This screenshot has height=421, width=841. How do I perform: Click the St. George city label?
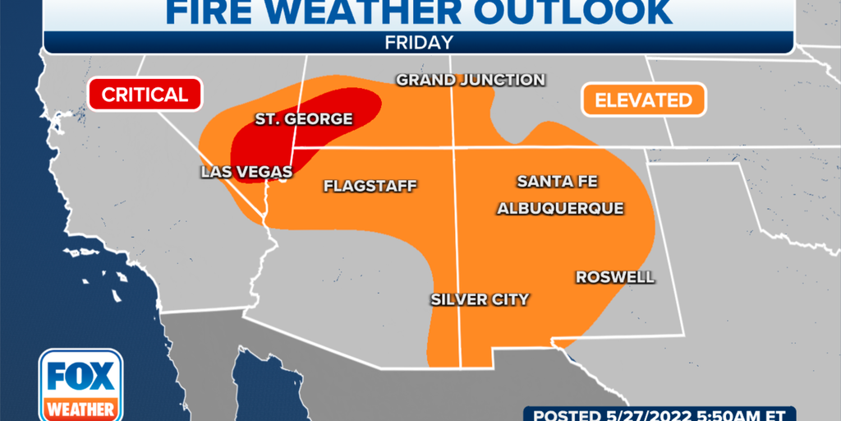point(303,119)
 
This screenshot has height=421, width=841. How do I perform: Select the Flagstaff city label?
point(370,186)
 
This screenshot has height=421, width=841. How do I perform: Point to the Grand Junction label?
point(471,80)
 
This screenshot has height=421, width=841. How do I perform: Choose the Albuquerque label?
point(560,209)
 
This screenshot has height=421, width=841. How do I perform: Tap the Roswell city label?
point(615,277)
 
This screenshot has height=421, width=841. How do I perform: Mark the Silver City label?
point(480,299)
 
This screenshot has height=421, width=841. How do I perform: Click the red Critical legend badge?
point(145,94)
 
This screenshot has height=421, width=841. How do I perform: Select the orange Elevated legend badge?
point(643,100)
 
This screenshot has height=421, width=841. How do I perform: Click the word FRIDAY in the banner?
point(419,41)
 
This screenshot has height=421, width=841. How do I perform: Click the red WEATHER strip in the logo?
point(80,409)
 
